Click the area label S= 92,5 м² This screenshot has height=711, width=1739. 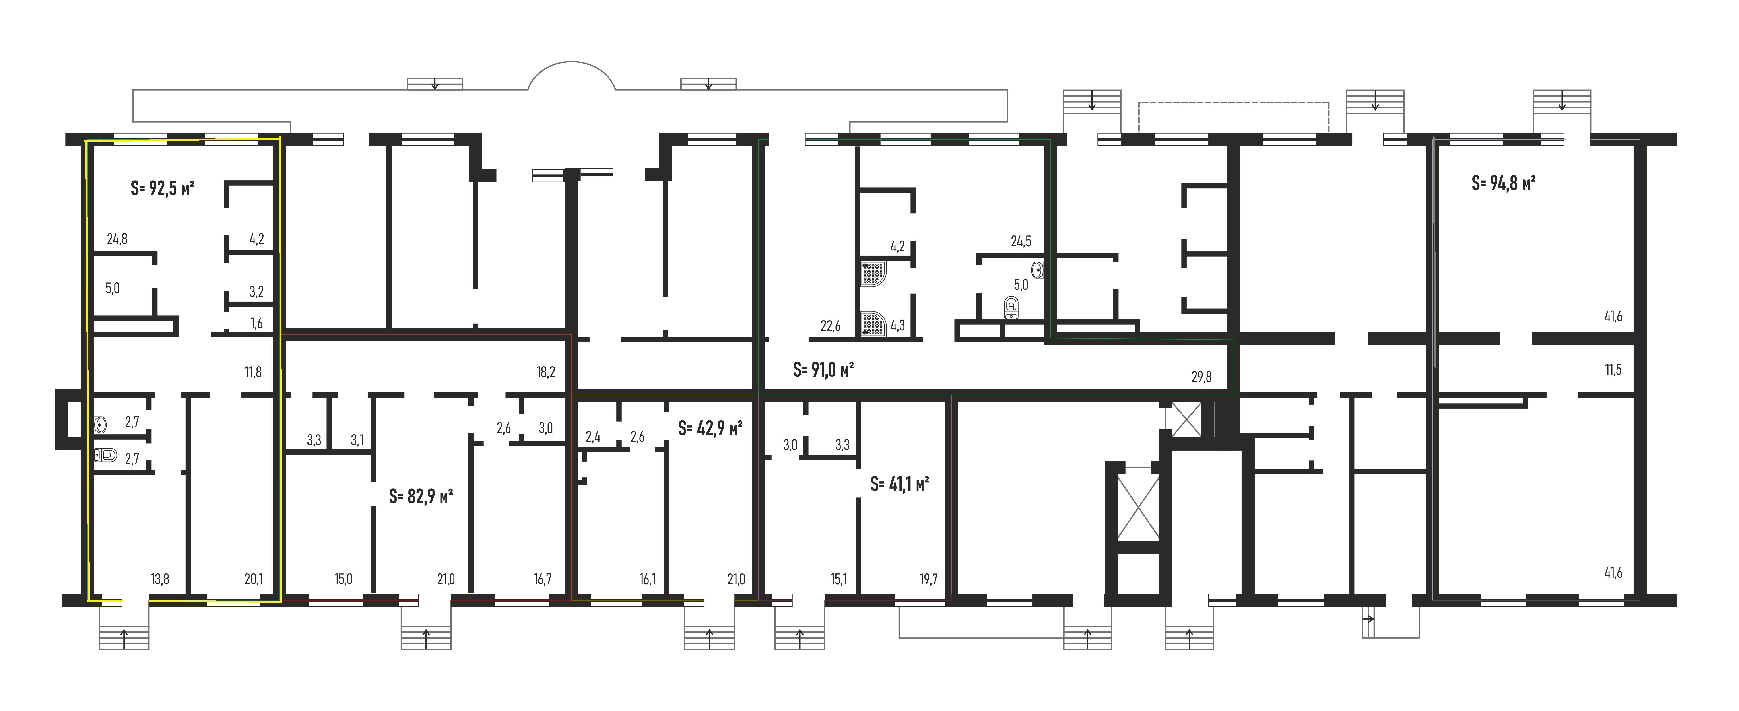tap(163, 188)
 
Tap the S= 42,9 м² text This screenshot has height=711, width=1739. tap(710, 428)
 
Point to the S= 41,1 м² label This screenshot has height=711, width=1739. tap(899, 484)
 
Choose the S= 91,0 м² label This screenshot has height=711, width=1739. tap(824, 370)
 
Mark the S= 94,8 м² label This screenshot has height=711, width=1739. tap(1503, 183)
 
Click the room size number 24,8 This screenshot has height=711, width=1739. tap(117, 239)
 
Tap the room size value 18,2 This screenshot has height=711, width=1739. tap(545, 372)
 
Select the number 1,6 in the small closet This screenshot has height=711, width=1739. tap(256, 323)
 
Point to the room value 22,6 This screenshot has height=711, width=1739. tap(830, 326)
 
